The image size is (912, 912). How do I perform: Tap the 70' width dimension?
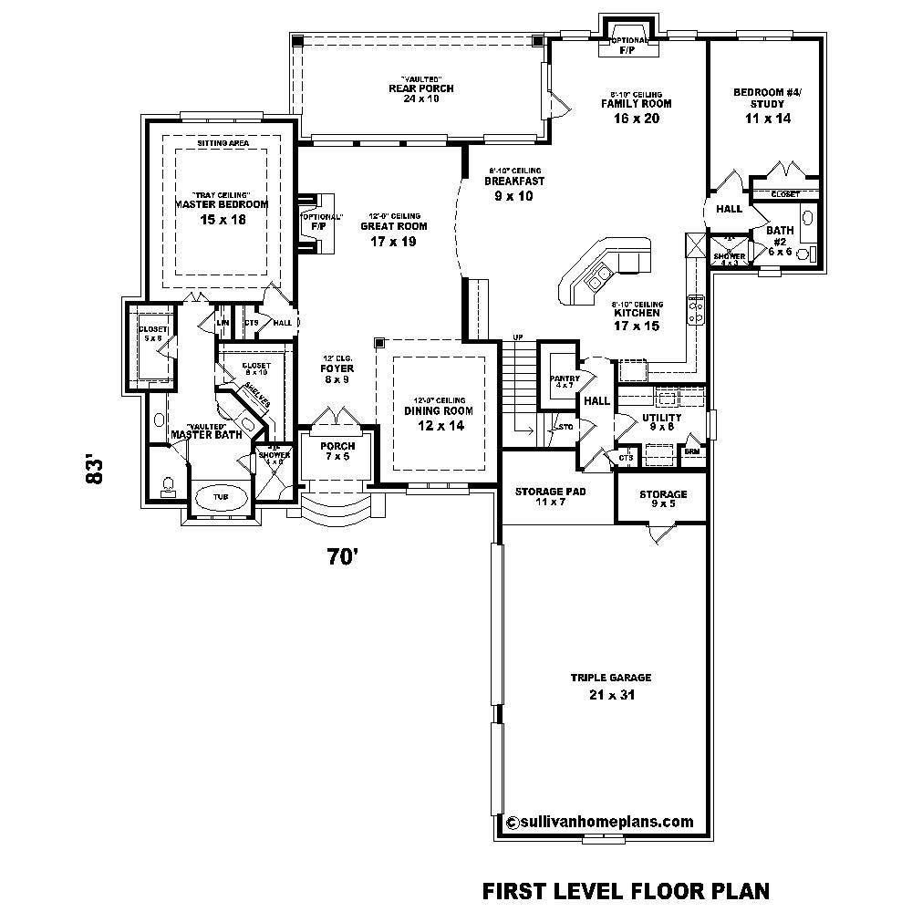[341, 557]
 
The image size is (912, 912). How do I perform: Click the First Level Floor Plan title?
[626, 889]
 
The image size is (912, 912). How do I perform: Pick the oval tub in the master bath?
[221, 497]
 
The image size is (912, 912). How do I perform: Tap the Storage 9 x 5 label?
[662, 499]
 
